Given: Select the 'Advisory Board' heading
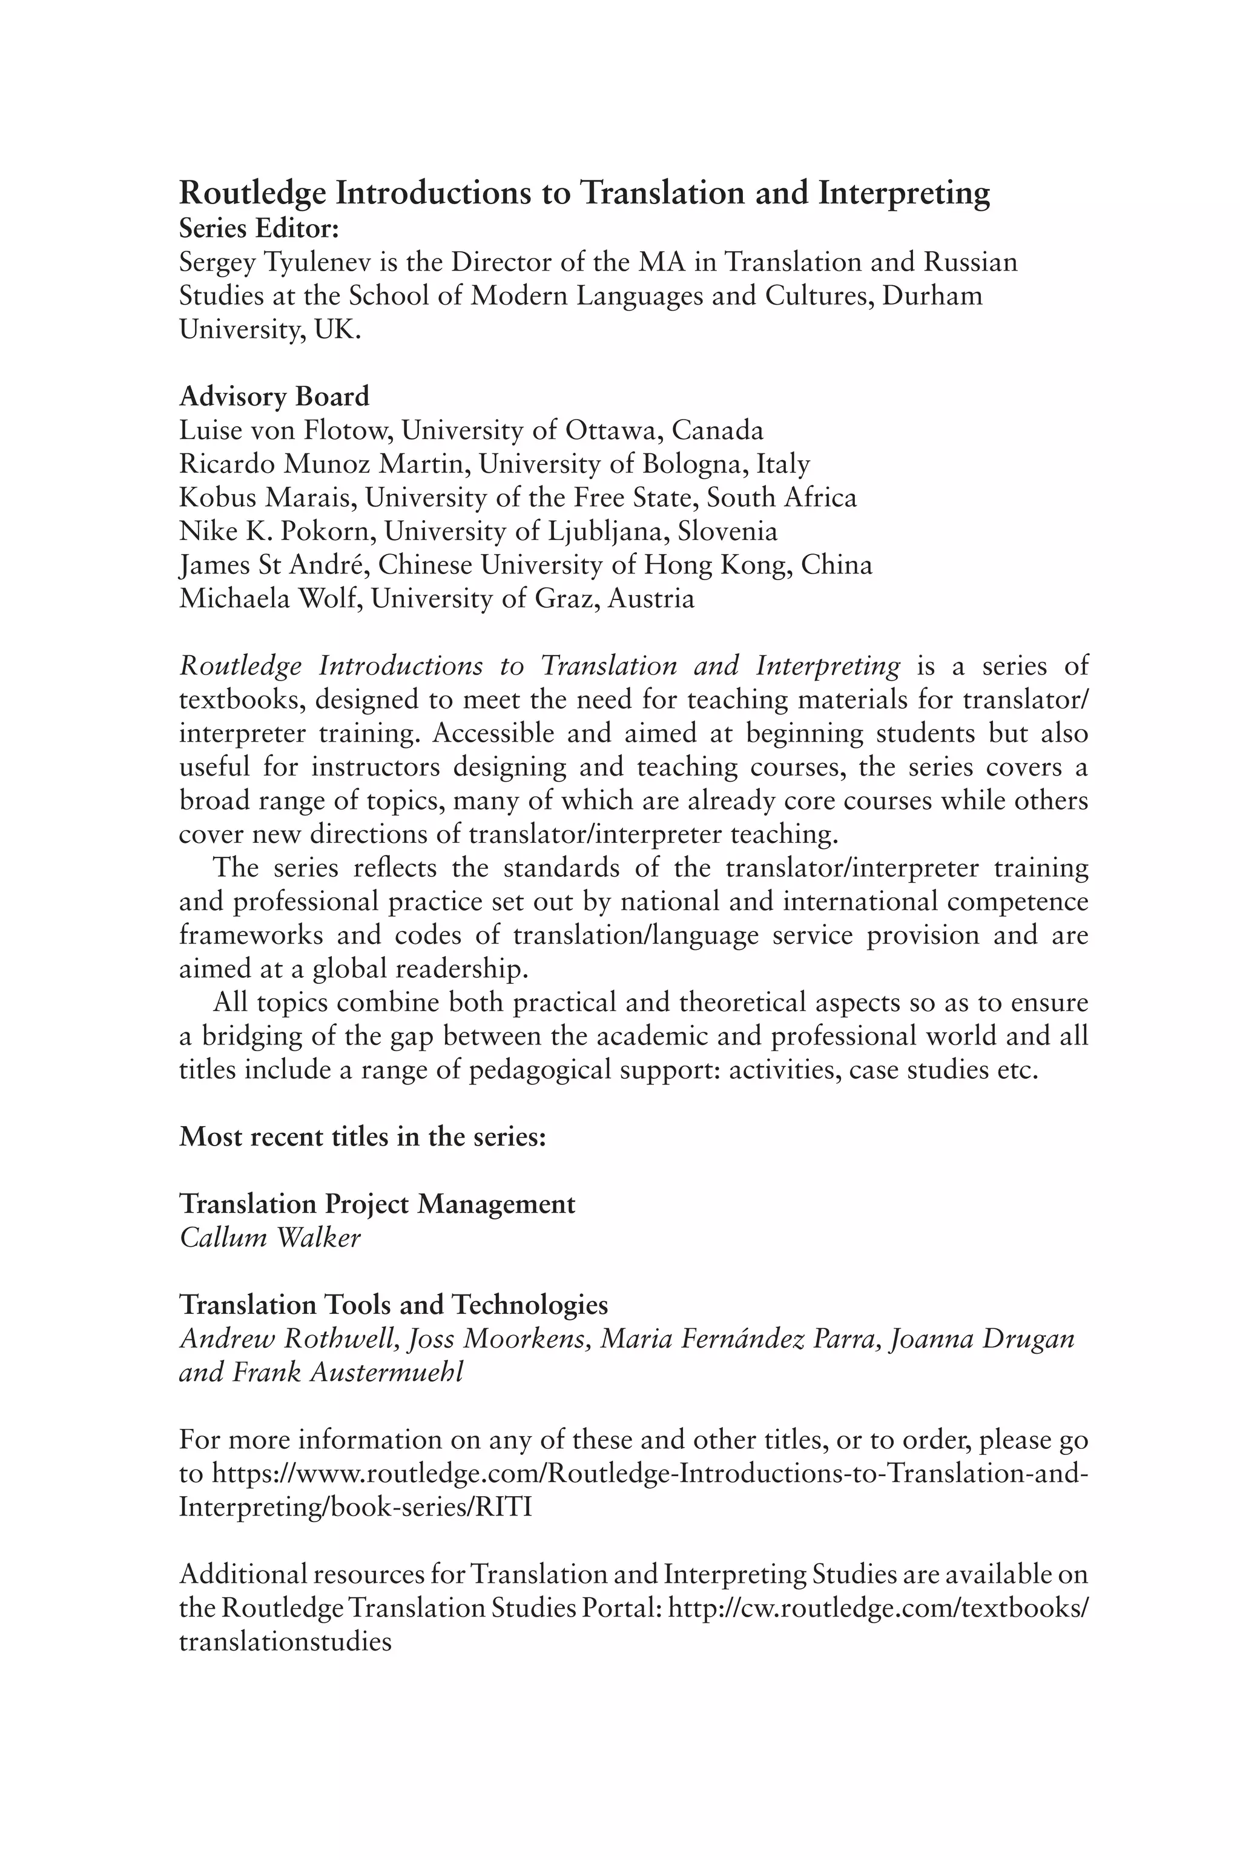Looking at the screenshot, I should pyautogui.click(x=274, y=395).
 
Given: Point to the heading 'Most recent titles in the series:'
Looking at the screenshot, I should pyautogui.click(x=362, y=1136).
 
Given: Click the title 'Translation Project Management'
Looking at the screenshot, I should pyautogui.click(x=377, y=1204).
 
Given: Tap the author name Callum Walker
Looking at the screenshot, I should pyautogui.click(x=269, y=1238).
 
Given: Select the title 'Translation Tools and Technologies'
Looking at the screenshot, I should pyautogui.click(x=393, y=1305).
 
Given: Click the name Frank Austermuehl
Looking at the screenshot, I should pyautogui.click(x=346, y=1372).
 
